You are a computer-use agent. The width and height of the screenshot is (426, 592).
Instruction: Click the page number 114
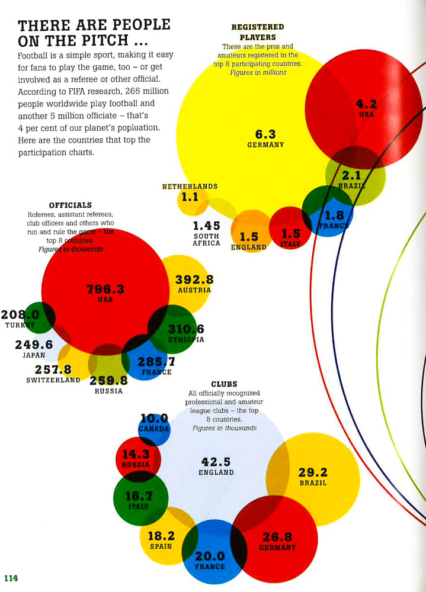pyautogui.click(x=11, y=578)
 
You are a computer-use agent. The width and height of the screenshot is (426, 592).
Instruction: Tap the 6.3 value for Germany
pyautogui.click(x=265, y=134)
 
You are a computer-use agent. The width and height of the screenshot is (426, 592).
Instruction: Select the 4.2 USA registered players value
pyautogui.click(x=366, y=104)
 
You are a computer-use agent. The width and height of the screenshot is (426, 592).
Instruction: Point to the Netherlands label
pyautogui.click(x=190, y=186)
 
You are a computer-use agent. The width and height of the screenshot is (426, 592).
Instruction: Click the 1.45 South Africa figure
pyautogui.click(x=206, y=226)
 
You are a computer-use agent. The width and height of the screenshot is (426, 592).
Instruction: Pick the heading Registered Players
pyautogui.click(x=257, y=32)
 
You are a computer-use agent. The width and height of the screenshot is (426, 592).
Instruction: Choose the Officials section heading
pyautogui.click(x=70, y=205)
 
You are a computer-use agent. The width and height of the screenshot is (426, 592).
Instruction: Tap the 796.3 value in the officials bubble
pyautogui.click(x=105, y=289)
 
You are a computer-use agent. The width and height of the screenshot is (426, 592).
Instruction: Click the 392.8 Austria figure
pyautogui.click(x=194, y=279)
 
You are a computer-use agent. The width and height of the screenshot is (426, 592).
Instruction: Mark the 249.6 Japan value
pyautogui.click(x=34, y=345)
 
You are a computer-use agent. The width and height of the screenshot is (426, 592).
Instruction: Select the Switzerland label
pyautogui.click(x=53, y=380)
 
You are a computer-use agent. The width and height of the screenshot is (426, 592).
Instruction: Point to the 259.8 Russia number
pyautogui.click(x=108, y=381)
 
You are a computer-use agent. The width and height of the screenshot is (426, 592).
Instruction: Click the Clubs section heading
pyautogui.click(x=224, y=384)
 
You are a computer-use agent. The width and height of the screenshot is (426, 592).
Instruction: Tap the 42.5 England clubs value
pyautogui.click(x=216, y=462)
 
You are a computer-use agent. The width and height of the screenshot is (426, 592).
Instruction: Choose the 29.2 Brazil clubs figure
pyautogui.click(x=313, y=472)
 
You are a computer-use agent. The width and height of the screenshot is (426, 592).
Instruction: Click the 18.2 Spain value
pyautogui.click(x=161, y=536)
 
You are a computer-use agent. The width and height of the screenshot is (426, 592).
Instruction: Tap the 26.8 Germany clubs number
pyautogui.click(x=277, y=537)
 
